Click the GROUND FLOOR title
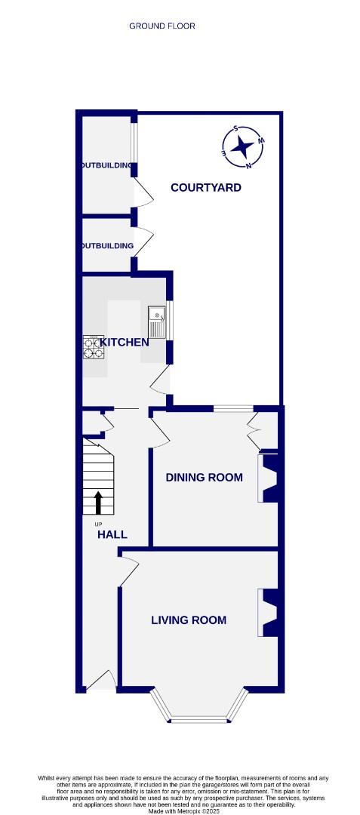(x=162, y=26)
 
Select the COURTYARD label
(x=205, y=187)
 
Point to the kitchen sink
(x=157, y=321)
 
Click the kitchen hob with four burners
(x=94, y=346)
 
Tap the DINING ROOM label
(x=205, y=477)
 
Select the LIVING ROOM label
(x=189, y=620)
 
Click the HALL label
(x=112, y=534)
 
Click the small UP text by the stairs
(x=97, y=524)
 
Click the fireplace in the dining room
(x=269, y=477)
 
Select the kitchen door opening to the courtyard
(x=161, y=383)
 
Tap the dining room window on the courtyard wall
(x=233, y=409)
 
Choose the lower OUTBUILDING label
(x=108, y=246)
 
